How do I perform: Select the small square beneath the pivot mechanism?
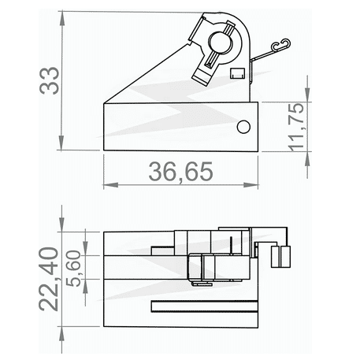click(236, 74)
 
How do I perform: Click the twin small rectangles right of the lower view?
click(281, 254)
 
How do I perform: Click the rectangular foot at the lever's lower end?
click(204, 76)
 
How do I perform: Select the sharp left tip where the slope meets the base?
click(106, 103)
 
